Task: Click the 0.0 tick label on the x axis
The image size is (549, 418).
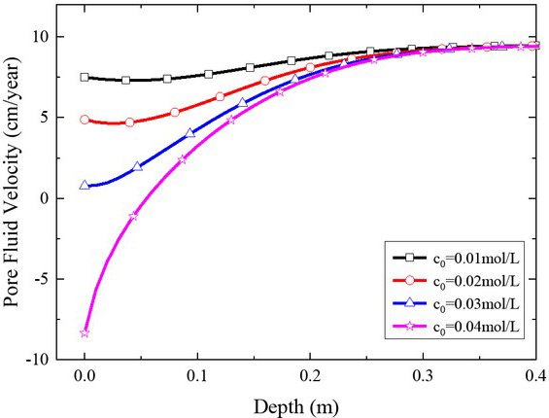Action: (85, 375)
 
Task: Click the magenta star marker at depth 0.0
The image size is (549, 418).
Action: (86, 332)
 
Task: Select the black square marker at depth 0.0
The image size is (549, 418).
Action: (86, 77)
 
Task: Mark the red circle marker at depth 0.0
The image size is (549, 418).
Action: (86, 120)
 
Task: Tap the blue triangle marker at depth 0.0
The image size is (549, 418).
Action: (86, 185)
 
